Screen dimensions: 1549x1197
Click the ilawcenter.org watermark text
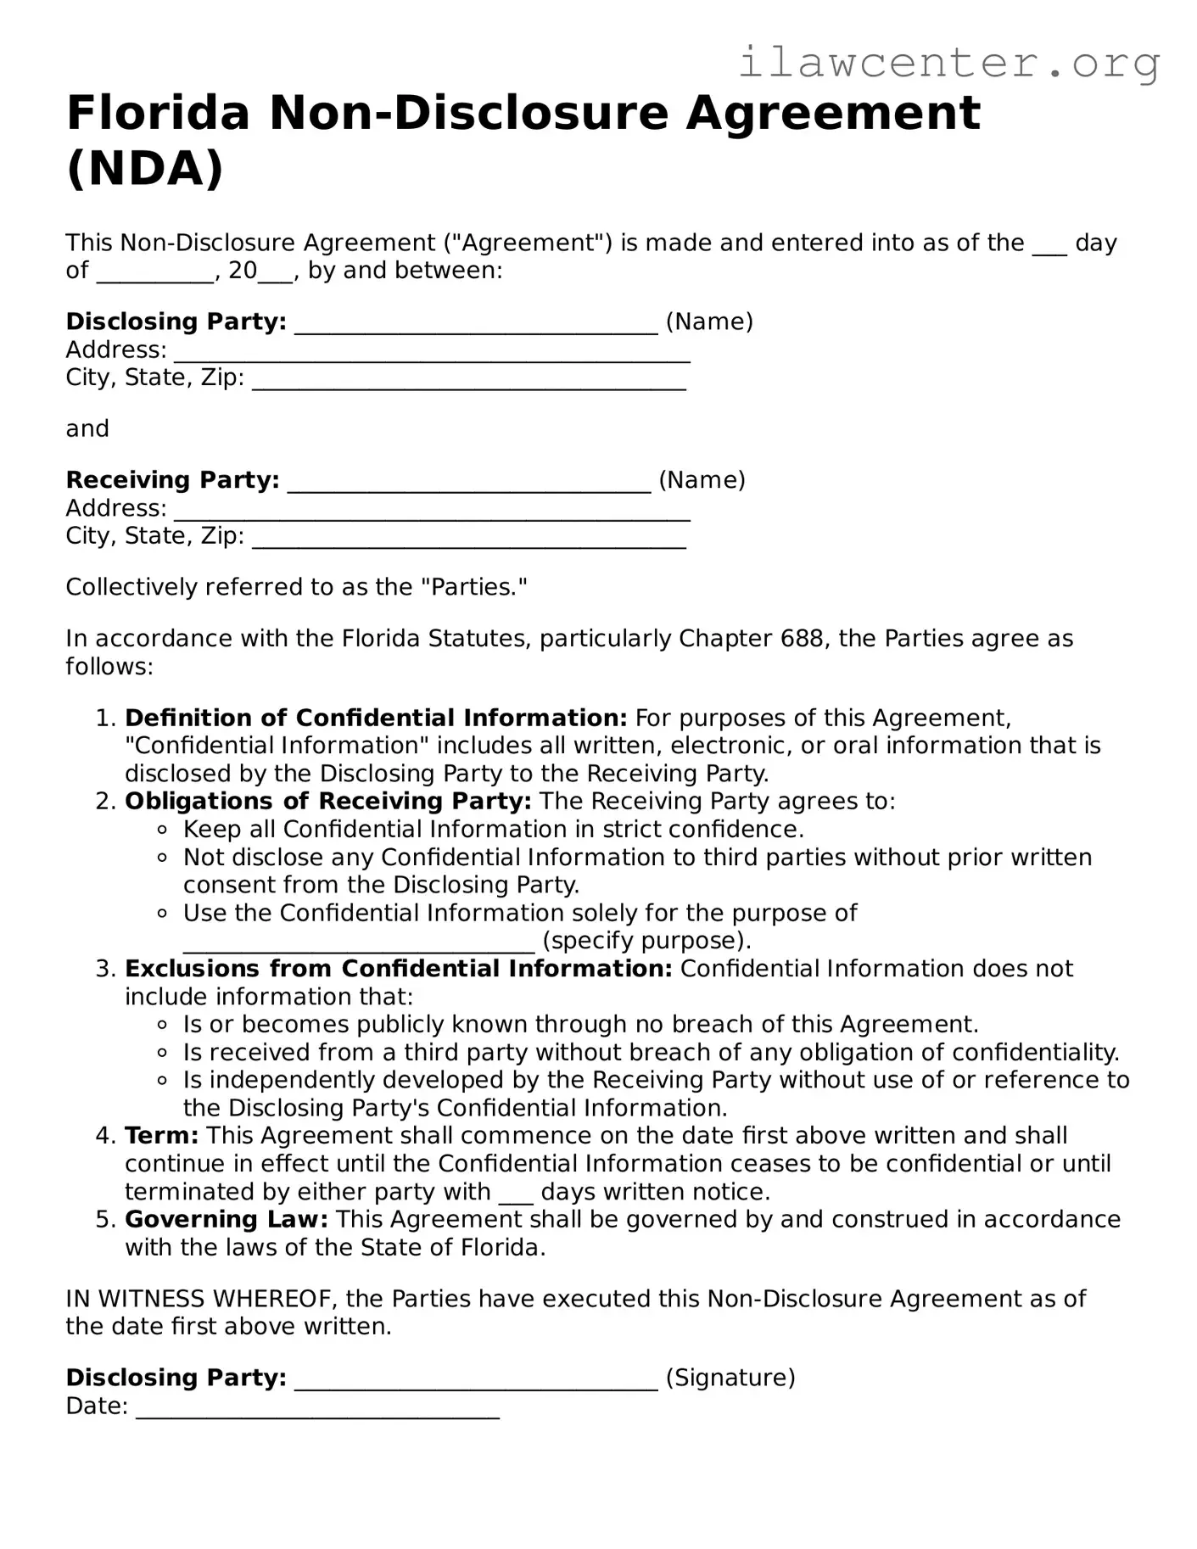948,62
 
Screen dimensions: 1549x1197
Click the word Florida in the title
158,113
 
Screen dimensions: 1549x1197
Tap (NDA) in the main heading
145,168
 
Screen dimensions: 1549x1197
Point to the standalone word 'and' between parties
87,428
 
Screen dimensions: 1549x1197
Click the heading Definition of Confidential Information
375,718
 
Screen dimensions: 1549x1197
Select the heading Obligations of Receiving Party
327,801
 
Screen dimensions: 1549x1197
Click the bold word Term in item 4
161,1135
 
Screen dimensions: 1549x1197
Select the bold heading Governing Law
226,1219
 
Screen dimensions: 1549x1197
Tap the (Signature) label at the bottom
730,1377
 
